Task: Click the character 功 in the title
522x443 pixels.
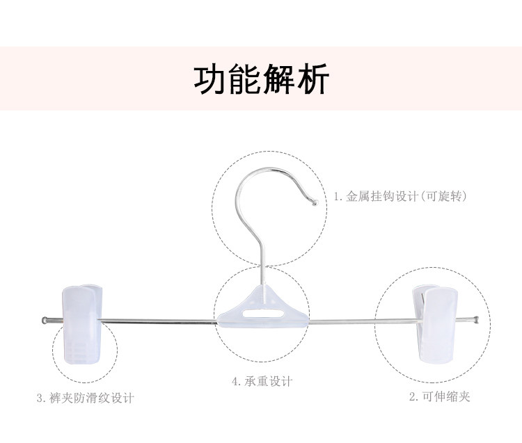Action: pos(210,79)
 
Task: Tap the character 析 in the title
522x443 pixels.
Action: pos(314,79)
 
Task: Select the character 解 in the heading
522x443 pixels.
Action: pos(279,79)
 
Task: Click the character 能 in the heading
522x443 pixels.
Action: pos(245,79)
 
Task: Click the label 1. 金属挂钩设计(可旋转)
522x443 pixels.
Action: pos(400,196)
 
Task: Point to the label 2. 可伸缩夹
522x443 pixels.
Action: pos(439,396)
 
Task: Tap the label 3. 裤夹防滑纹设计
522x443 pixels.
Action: pos(85,398)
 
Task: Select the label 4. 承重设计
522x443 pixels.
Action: pos(262,381)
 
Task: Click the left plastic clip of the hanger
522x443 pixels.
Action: pos(83,323)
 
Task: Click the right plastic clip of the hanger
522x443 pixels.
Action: pos(435,324)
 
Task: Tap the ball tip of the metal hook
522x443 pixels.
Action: pos(315,202)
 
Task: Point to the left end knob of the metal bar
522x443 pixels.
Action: pos(45,321)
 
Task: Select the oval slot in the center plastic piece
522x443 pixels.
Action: pos(263,313)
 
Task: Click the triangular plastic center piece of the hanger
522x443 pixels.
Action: pos(263,307)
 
